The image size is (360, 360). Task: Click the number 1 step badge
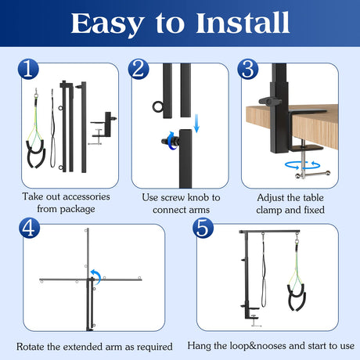point(28,69)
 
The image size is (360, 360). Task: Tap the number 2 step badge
point(139,69)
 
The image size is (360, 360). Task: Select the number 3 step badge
point(248,69)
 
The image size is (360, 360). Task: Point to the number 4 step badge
point(29,228)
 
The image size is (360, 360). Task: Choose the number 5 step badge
point(203,228)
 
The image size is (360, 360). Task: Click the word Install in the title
point(243,23)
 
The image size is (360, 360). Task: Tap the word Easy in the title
point(107,24)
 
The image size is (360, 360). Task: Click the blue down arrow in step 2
point(196,123)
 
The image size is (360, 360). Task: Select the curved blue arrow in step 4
point(96,276)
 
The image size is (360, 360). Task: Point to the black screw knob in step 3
point(268,101)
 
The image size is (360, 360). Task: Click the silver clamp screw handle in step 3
point(312,175)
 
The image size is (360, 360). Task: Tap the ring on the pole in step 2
point(158,107)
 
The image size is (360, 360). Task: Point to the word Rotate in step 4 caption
point(31,347)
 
